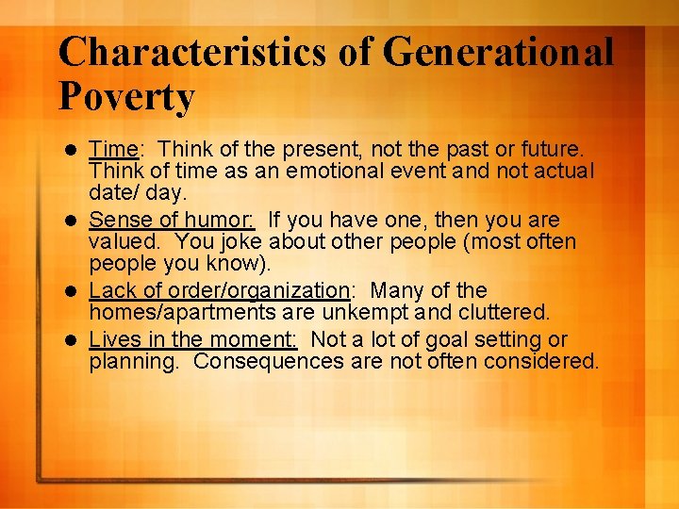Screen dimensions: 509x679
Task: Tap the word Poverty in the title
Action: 126,97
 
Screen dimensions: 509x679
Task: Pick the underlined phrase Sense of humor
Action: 171,220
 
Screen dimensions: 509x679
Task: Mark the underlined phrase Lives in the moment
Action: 192,339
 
